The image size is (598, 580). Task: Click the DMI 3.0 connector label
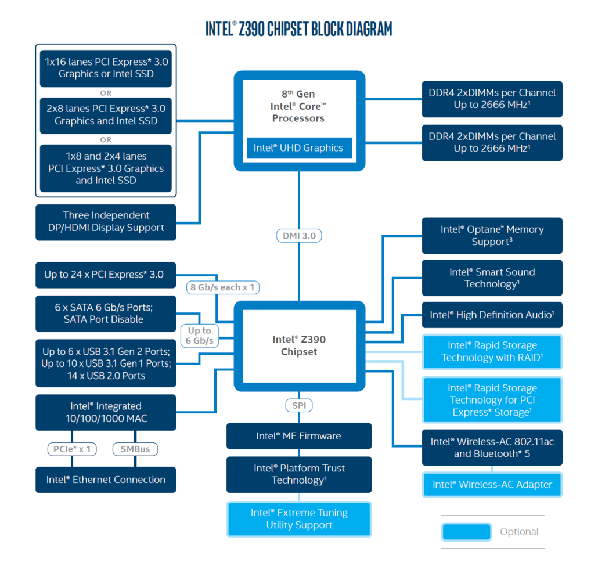[x=299, y=236]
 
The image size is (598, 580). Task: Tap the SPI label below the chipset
[x=299, y=405]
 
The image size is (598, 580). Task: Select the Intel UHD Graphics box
[x=298, y=147]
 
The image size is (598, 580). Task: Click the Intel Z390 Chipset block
[x=299, y=345]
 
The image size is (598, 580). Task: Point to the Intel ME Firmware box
[x=299, y=436]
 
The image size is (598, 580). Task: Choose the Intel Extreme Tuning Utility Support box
[x=299, y=519]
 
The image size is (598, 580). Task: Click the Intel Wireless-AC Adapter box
[x=492, y=484]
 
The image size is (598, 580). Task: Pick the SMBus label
[x=135, y=449]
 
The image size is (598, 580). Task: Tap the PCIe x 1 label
[x=73, y=449]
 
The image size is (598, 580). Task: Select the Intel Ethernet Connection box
[x=106, y=480]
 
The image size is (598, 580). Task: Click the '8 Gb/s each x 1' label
[x=223, y=287]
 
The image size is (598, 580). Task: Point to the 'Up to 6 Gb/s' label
[x=199, y=336]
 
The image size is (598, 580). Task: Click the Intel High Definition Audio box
[x=492, y=315]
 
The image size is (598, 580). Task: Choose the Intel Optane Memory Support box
[x=492, y=236]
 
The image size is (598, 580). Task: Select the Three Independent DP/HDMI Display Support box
[x=106, y=222]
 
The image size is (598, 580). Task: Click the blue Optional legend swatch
[x=466, y=532]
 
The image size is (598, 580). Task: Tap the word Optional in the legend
[x=519, y=532]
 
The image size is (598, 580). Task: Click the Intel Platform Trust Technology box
[x=299, y=474]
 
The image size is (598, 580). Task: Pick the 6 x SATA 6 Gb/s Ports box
[x=106, y=313]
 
